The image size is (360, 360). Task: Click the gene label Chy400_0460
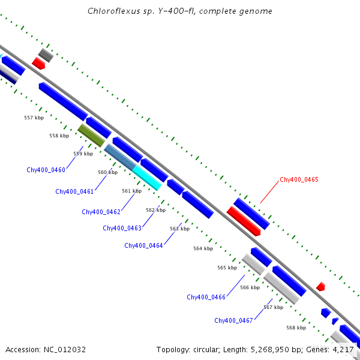click(46, 170)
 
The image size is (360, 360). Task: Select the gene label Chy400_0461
click(74, 191)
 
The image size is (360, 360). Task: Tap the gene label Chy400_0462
click(101, 212)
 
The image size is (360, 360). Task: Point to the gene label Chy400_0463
click(122, 228)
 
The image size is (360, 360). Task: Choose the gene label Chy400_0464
click(143, 245)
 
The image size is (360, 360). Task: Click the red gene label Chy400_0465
click(299, 179)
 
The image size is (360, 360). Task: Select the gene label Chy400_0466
click(206, 297)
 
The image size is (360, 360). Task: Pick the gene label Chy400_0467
click(233, 320)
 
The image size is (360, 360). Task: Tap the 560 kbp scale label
click(108, 172)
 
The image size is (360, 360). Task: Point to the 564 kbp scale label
click(203, 248)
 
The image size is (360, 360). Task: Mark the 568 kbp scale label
click(296, 328)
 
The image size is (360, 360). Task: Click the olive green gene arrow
click(91, 135)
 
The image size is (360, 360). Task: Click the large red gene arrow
click(243, 221)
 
